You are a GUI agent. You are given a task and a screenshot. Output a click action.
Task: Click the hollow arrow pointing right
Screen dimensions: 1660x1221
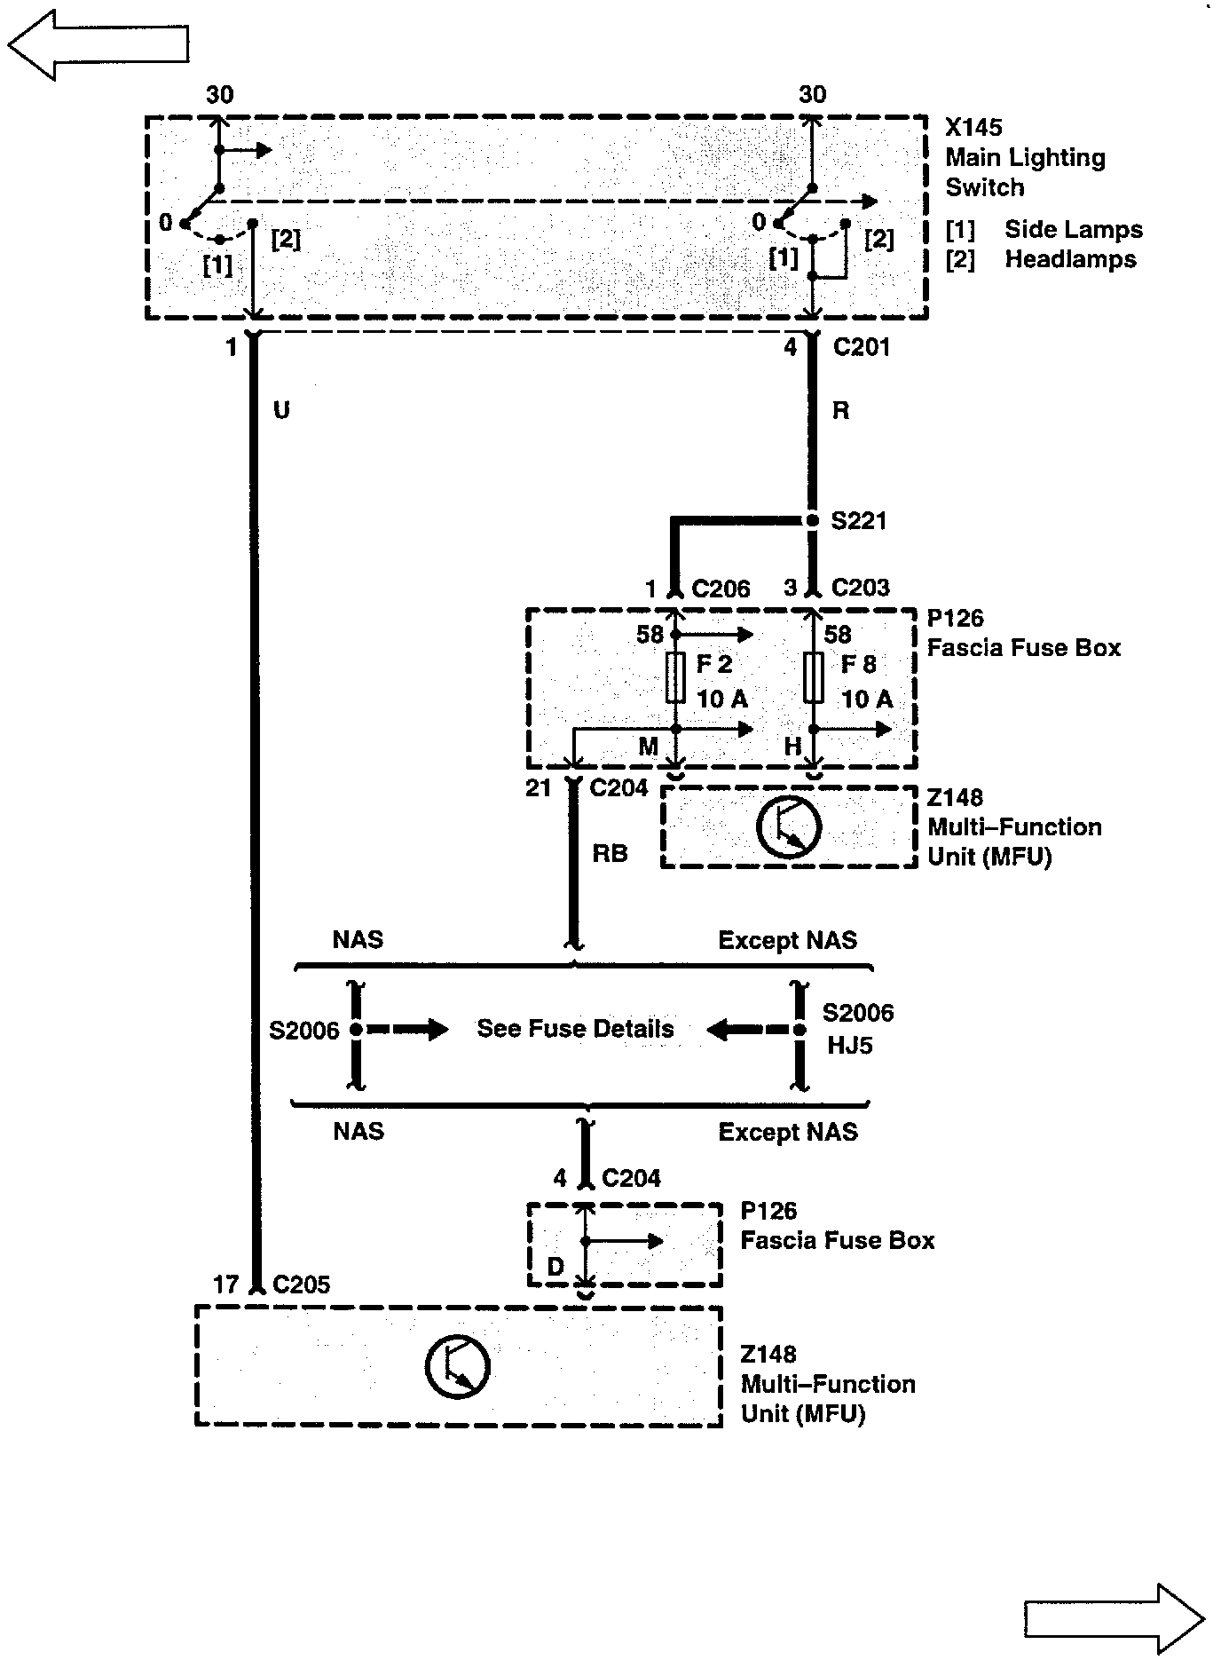tap(1115, 1617)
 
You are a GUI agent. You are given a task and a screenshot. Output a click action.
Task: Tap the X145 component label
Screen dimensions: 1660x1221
tap(973, 128)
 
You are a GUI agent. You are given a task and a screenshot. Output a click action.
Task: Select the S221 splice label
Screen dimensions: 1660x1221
tap(858, 520)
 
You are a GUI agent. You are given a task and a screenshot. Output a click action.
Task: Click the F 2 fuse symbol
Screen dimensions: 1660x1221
tap(675, 679)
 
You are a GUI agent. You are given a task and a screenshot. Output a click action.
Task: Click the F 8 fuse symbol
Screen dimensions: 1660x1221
tap(813, 679)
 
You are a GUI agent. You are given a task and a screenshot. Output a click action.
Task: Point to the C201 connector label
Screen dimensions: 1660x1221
tap(861, 347)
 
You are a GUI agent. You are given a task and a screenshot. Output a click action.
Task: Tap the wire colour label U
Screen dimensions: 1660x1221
tap(281, 410)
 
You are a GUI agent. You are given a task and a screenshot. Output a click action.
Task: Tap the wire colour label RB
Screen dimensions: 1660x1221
tap(610, 853)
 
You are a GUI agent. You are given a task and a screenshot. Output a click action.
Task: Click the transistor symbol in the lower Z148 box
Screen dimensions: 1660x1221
tap(457, 1365)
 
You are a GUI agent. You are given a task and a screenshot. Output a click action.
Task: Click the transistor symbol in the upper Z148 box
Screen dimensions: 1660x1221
tap(788, 827)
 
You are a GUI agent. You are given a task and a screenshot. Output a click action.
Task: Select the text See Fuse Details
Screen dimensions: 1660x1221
tap(575, 1029)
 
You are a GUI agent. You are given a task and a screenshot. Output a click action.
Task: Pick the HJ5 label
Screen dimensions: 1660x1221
tap(849, 1045)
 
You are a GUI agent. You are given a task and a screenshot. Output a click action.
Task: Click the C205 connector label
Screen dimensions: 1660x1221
tap(302, 1285)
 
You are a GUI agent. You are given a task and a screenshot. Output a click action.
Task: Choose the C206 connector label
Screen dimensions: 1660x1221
tap(721, 589)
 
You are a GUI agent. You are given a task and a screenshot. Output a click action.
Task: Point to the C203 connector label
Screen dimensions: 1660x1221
tap(860, 588)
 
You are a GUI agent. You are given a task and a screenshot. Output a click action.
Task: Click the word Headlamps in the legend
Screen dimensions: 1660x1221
tap(1070, 260)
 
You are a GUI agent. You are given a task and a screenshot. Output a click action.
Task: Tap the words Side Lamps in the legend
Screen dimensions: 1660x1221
tap(1073, 230)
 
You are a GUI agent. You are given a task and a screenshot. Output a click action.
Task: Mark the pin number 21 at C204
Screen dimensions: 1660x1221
tap(539, 788)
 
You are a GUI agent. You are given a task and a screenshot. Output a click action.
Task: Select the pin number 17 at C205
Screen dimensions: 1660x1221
tap(226, 1285)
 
